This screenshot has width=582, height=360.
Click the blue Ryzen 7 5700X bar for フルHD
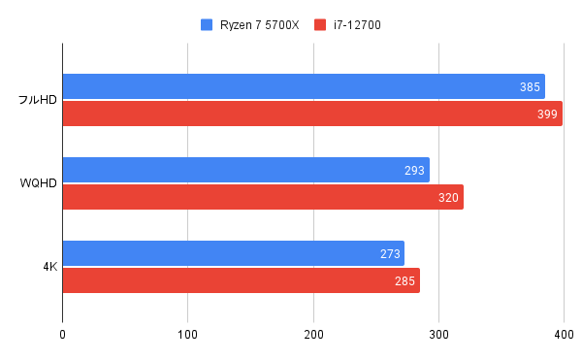pyautogui.click(x=303, y=86)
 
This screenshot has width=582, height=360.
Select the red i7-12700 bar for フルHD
pyautogui.click(x=311, y=114)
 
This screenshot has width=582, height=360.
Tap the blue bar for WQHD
pyautogui.click(x=245, y=170)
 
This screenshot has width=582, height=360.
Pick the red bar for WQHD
pyautogui.click(x=262, y=197)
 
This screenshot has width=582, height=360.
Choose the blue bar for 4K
pyautogui.click(x=233, y=253)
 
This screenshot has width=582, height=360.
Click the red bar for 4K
pyautogui.click(x=241, y=280)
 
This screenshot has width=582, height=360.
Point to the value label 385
pyautogui.click(x=530, y=87)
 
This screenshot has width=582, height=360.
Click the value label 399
pyautogui.click(x=547, y=115)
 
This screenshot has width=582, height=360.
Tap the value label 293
pyautogui.click(x=414, y=171)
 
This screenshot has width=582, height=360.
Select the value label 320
pyautogui.click(x=448, y=198)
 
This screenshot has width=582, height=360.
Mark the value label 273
pyautogui.click(x=390, y=254)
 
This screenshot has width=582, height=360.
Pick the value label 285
pyautogui.click(x=404, y=281)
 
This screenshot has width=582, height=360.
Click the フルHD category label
pyautogui.click(x=37, y=100)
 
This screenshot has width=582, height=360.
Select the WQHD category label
pyautogui.click(x=39, y=183)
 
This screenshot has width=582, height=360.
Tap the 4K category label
pyautogui.click(x=48, y=267)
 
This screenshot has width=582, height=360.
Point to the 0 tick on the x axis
pyautogui.click(x=62, y=335)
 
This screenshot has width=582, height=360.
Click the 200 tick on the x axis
pyautogui.click(x=313, y=335)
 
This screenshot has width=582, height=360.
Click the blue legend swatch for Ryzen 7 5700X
pyautogui.click(x=206, y=23)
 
